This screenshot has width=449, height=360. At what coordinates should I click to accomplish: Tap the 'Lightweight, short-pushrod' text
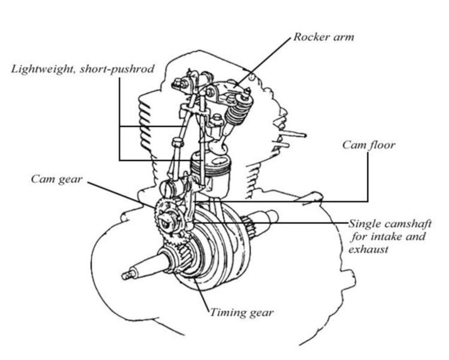[82, 69]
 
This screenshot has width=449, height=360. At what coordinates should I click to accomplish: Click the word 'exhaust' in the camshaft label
[368, 247]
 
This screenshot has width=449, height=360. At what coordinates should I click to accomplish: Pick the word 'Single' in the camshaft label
[363, 224]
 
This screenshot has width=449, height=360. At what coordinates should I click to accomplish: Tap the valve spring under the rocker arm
[236, 112]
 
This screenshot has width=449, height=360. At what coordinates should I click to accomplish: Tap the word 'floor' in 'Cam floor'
[381, 146]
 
